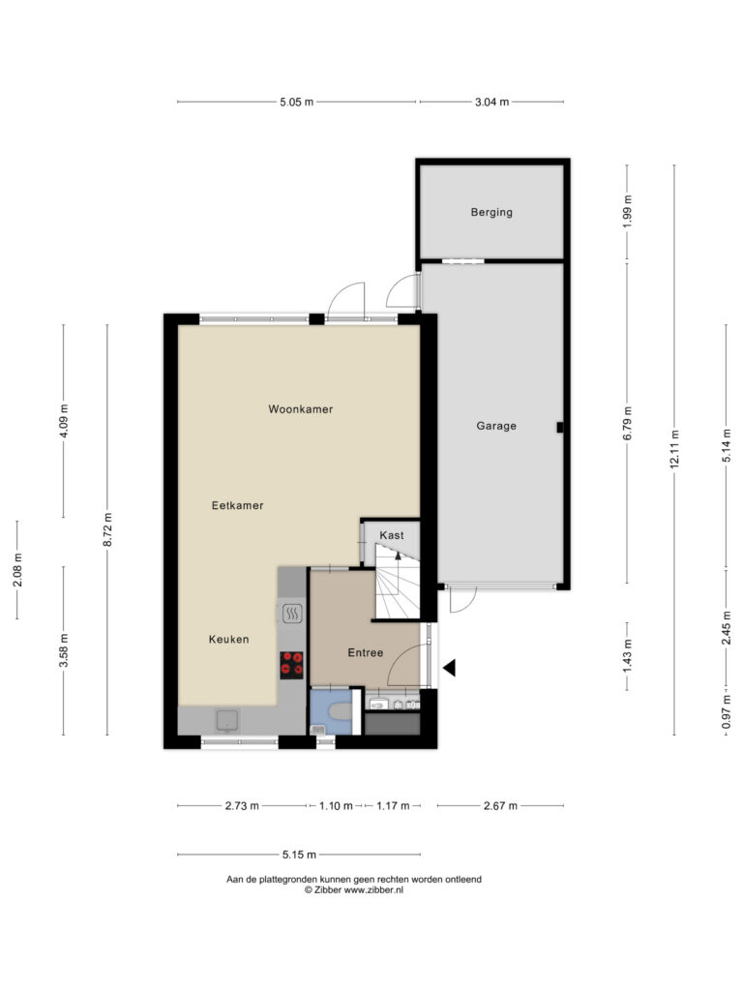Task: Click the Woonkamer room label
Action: click(x=300, y=409)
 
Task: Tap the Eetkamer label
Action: click(x=238, y=505)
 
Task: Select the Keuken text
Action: click(x=228, y=639)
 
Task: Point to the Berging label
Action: click(x=491, y=212)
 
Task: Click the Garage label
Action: click(x=496, y=426)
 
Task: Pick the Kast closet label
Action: click(x=392, y=535)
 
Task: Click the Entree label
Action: click(x=366, y=653)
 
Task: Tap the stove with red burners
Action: click(x=291, y=665)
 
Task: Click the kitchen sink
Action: click(x=227, y=720)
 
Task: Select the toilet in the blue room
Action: click(x=339, y=711)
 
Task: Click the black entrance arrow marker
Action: click(x=449, y=668)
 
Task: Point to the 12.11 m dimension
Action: click(x=674, y=449)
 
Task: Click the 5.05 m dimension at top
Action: click(x=297, y=102)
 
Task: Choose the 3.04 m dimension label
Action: click(x=492, y=102)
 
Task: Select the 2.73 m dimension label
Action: click(x=242, y=806)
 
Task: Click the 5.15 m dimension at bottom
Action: click(x=300, y=855)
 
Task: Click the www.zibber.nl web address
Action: click(x=373, y=890)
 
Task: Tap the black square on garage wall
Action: click(x=560, y=427)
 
